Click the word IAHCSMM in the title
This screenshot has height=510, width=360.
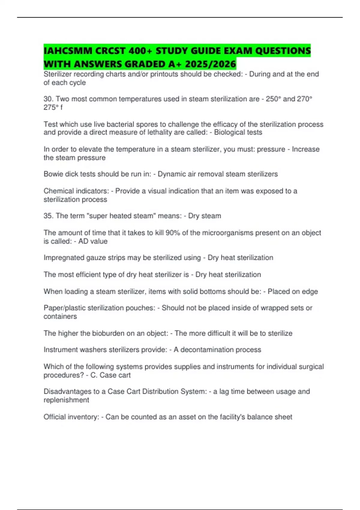click(x=68, y=51)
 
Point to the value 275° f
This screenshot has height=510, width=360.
click(x=53, y=107)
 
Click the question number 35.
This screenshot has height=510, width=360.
click(x=47, y=216)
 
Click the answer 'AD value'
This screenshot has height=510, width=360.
click(x=93, y=241)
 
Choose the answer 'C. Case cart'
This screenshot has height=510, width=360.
click(x=110, y=375)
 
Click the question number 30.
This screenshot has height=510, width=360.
click(x=47, y=99)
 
